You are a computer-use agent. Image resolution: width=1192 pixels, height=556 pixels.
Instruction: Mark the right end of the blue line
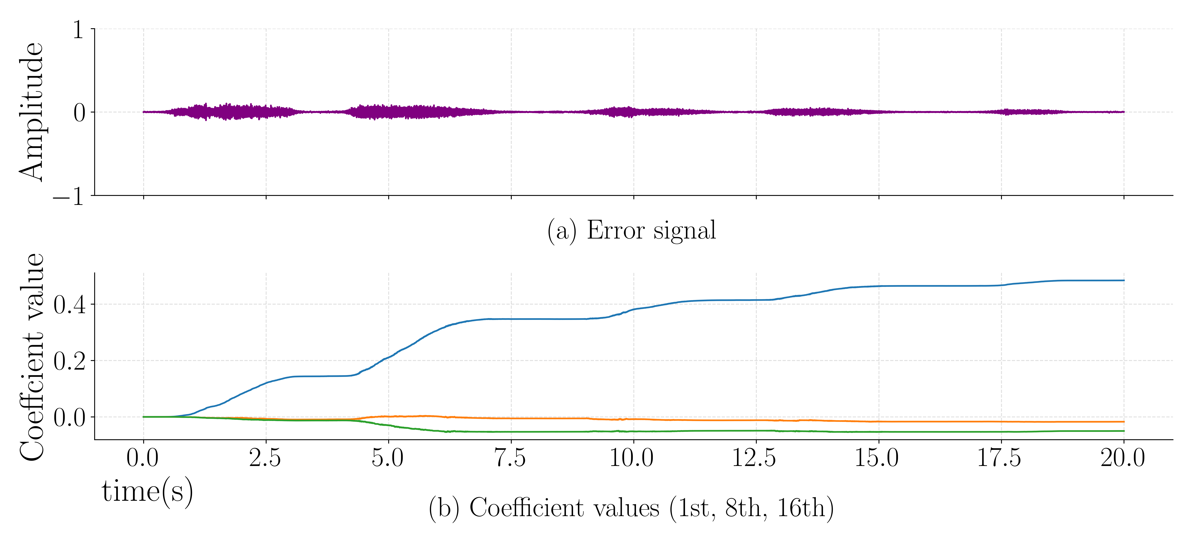[x=1124, y=280]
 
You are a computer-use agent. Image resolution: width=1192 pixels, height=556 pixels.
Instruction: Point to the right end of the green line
[x=1124, y=431]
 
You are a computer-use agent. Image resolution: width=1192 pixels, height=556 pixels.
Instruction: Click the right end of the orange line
[x=1124, y=422]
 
